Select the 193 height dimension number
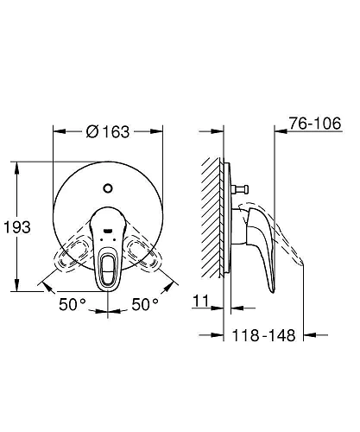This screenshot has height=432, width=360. (x=16, y=227)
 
